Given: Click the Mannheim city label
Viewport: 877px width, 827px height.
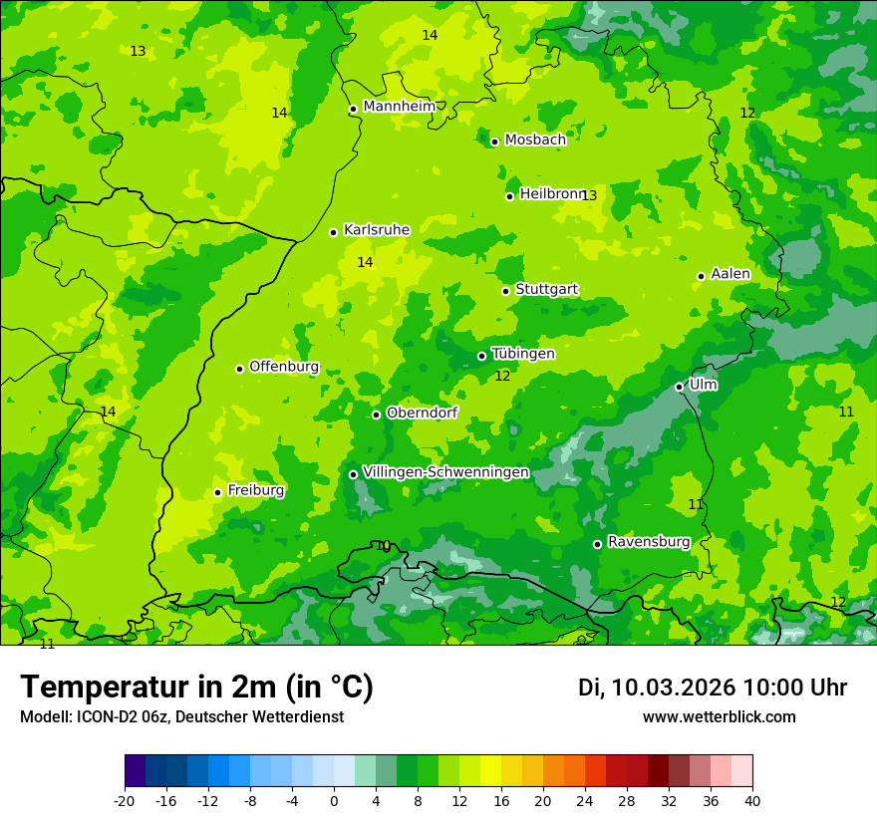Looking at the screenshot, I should pyautogui.click(x=399, y=107).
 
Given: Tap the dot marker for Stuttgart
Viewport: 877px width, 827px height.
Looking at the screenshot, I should pyautogui.click(x=505, y=291).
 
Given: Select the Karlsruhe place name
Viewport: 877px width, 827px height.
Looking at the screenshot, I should pyautogui.click(x=376, y=230).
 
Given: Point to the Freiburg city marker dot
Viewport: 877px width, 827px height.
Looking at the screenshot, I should pyautogui.click(x=217, y=492).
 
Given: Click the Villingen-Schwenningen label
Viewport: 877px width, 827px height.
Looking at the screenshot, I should pyautogui.click(x=445, y=472).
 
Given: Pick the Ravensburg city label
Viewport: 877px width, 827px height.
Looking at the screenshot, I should pyautogui.click(x=648, y=542).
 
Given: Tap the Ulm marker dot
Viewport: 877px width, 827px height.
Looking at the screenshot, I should pyautogui.click(x=679, y=387).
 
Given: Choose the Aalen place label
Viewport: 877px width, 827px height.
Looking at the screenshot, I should pyautogui.click(x=730, y=274).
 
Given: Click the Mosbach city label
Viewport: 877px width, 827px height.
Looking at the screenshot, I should pyautogui.click(x=534, y=140).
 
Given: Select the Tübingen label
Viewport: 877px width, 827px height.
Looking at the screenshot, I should pyautogui.click(x=522, y=354).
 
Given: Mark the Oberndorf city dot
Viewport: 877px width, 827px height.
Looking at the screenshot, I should pyautogui.click(x=376, y=414).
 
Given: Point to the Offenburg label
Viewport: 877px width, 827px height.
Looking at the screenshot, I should pyautogui.click(x=283, y=367).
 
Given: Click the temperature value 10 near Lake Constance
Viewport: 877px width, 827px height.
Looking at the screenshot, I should pyautogui.click(x=383, y=546).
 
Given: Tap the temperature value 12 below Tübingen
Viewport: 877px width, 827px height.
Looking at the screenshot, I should pyautogui.click(x=502, y=376).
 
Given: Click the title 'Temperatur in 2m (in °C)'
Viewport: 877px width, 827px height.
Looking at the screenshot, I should pyautogui.click(x=196, y=688).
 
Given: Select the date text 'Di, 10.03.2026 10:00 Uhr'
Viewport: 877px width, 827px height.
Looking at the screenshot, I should pyautogui.click(x=712, y=688).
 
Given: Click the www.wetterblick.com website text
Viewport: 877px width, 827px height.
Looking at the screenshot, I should pyautogui.click(x=719, y=716).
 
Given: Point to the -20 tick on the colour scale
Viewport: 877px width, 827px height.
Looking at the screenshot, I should pyautogui.click(x=125, y=800).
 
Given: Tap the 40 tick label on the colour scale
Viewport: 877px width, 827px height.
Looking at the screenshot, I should pyautogui.click(x=751, y=800).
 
